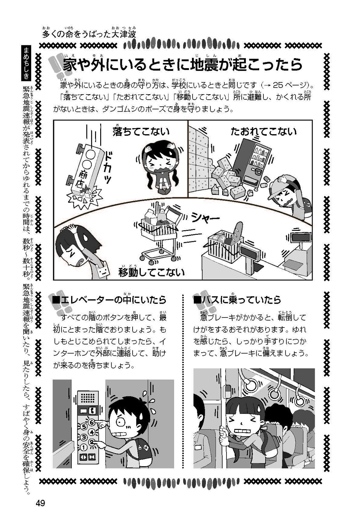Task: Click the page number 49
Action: (x=40, y=503)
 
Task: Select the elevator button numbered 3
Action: (x=83, y=437)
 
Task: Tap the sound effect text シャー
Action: (x=205, y=218)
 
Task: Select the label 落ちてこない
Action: (x=141, y=131)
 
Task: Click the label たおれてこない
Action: (x=263, y=131)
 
